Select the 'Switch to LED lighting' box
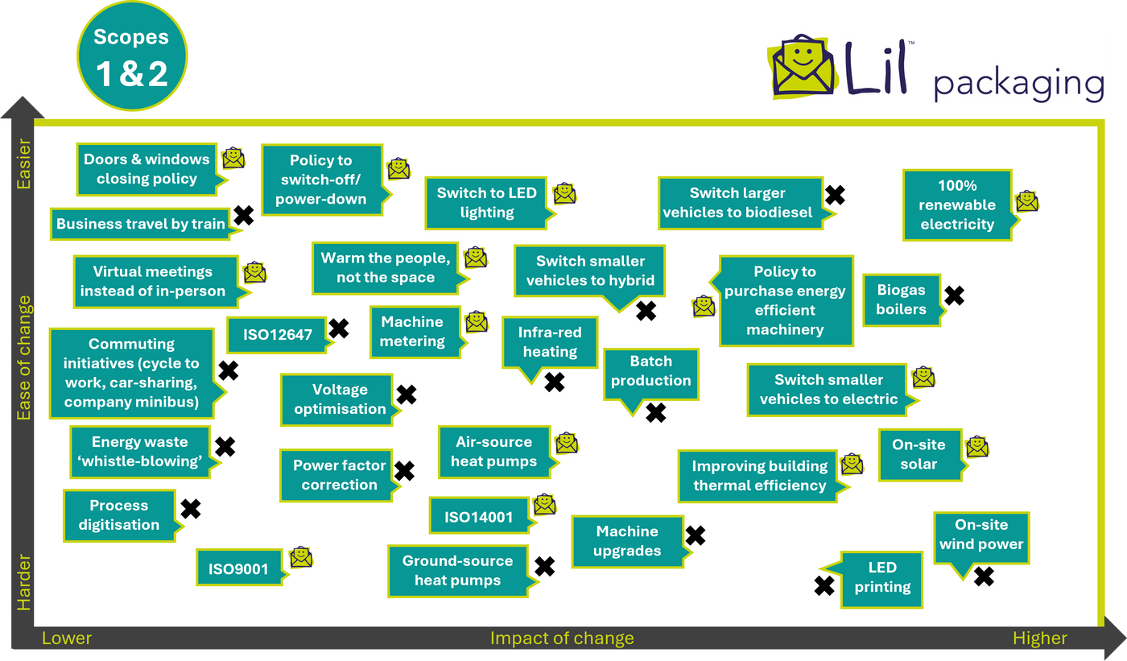point(486,203)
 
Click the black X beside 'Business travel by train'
point(243,215)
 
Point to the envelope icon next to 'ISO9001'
point(301,557)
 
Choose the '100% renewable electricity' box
point(956,205)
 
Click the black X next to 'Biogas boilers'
point(954,296)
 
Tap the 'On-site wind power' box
point(980,535)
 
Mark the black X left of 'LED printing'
point(824,586)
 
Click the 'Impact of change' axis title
point(562,638)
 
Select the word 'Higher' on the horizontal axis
point(1039,638)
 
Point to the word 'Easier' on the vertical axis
point(24,164)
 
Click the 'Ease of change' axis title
point(24,357)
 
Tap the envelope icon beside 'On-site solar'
point(977,446)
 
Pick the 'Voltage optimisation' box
point(339,399)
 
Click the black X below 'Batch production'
point(656,413)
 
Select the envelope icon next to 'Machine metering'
point(477,322)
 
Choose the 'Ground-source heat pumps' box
point(457,571)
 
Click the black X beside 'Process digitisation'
point(191,509)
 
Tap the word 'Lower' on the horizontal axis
point(67,638)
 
